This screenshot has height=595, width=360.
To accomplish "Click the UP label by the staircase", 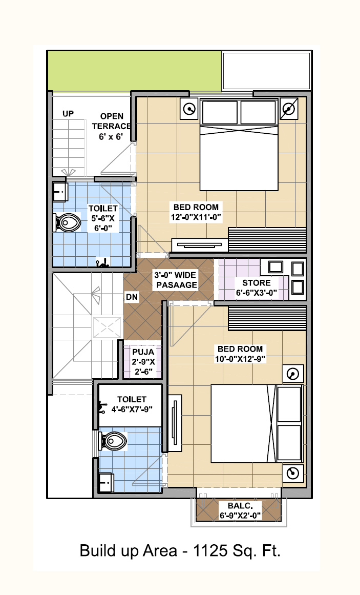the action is click(x=68, y=113).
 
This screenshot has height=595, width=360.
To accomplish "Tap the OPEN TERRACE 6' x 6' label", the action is click(x=111, y=127).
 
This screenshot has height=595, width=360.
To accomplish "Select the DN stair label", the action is click(x=132, y=297).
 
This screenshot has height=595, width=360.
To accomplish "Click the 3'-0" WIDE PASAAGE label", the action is click(x=175, y=280).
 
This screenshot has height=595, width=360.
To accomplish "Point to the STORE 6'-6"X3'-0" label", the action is click(x=257, y=288).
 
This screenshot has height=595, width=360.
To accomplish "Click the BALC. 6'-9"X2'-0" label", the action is click(x=240, y=511).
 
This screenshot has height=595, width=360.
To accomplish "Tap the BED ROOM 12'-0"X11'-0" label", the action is click(x=196, y=212).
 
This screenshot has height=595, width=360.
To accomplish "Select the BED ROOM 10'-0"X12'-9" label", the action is click(x=240, y=354).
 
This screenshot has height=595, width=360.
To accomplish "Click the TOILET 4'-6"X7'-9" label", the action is click(x=132, y=404).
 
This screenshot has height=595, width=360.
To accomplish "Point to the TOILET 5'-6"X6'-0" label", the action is click(x=103, y=218).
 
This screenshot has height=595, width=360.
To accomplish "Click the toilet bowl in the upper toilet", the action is click(x=68, y=222).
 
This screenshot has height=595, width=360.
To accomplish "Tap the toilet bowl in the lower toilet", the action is click(x=113, y=441).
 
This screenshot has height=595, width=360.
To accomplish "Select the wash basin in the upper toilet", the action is click(x=60, y=192).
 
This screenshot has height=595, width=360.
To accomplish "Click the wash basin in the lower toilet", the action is click(x=106, y=482).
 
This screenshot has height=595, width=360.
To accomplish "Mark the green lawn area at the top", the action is click(x=135, y=71).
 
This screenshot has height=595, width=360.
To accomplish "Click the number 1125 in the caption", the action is click(x=210, y=550).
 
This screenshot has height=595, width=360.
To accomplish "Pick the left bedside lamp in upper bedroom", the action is click(x=189, y=109).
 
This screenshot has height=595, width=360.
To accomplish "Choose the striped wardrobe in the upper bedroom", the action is click(x=267, y=240).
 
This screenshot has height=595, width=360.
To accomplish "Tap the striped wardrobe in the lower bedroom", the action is click(x=267, y=318).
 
